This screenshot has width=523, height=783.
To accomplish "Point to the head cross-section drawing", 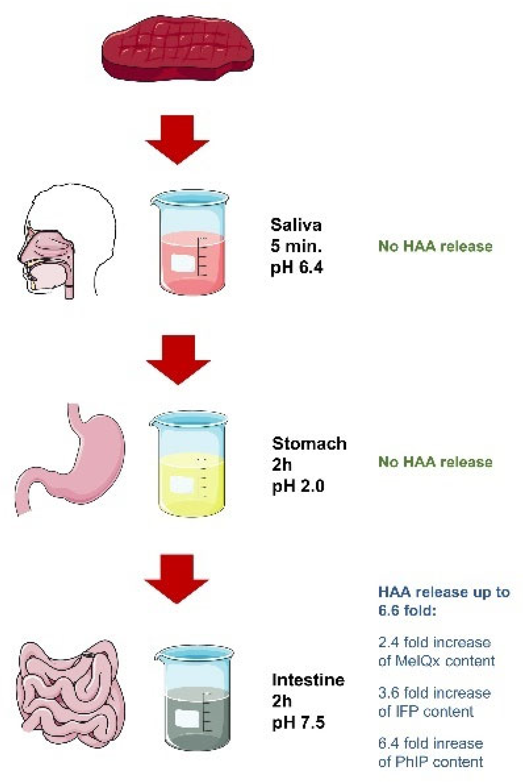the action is pyautogui.click(x=66, y=242).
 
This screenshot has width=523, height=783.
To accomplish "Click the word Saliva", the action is pyautogui.click(x=296, y=225).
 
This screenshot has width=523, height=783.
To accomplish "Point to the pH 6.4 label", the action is pyautogui.click(x=297, y=267).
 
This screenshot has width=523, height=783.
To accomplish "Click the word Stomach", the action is pyautogui.click(x=309, y=443).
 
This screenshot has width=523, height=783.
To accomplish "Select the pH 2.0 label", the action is pyautogui.click(x=298, y=486).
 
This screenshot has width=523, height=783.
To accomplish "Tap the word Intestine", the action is pyautogui.click(x=308, y=680).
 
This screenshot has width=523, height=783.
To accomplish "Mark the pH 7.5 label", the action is pyautogui.click(x=298, y=723).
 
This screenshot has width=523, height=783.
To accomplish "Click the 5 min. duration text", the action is pyautogui.click(x=296, y=246).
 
